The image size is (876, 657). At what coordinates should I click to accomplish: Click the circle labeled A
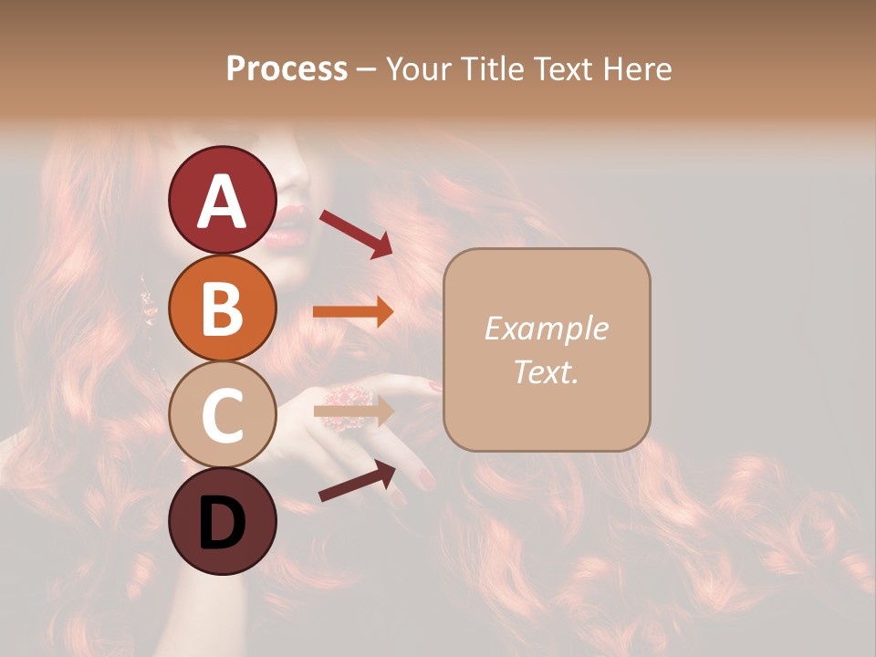pos(222,200)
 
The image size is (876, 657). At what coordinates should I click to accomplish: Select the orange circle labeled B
pos(222,308)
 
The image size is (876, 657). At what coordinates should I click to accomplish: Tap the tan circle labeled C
pos(222,414)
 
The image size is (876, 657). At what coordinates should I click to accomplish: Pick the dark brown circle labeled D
pos(222,521)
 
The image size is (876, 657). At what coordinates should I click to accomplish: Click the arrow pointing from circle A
pos(355,233)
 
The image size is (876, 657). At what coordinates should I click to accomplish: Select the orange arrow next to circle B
pos(352,312)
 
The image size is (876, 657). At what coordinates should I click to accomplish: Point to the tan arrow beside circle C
pos(353,411)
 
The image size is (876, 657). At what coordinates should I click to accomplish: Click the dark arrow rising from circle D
pos(356,481)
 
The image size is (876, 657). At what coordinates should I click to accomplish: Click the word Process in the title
pos(287,68)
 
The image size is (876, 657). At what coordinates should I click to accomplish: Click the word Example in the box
pos(546,328)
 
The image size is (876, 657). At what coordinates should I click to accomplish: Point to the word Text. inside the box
pos(546,371)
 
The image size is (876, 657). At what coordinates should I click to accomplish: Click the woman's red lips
pos(287,227)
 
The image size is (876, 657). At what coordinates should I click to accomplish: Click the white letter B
pos(222,308)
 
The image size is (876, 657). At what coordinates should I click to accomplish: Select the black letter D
pos(222,523)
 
